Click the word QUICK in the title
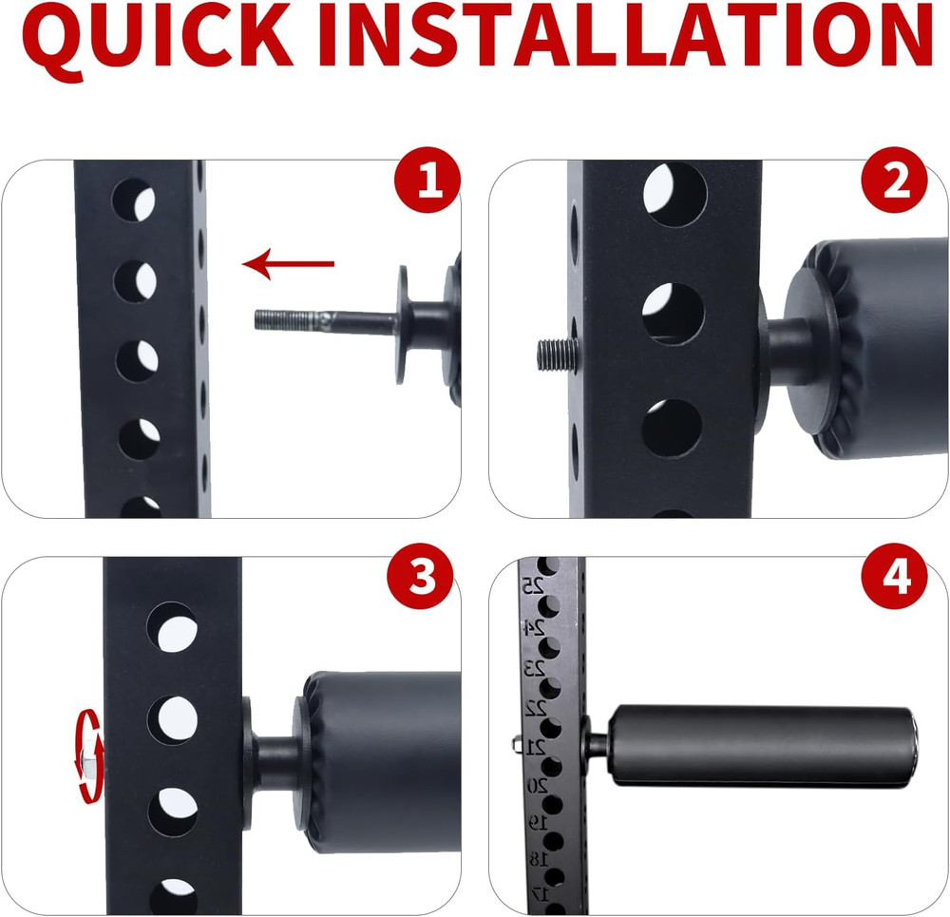pos(161,38)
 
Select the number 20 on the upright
pos(536,785)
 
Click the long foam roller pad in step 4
pos(760,746)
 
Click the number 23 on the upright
pos(536,668)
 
